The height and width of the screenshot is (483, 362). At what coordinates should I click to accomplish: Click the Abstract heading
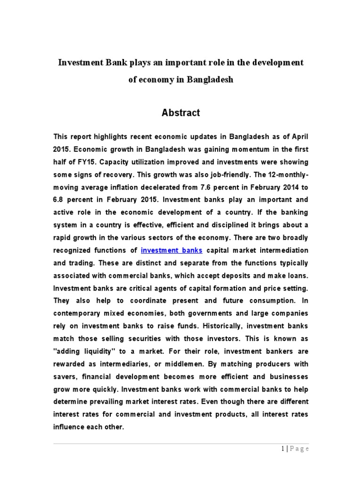pos(181,113)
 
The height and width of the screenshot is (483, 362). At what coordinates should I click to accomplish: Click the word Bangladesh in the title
pos(210,80)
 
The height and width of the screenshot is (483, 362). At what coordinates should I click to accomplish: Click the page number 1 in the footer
pos(282,449)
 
